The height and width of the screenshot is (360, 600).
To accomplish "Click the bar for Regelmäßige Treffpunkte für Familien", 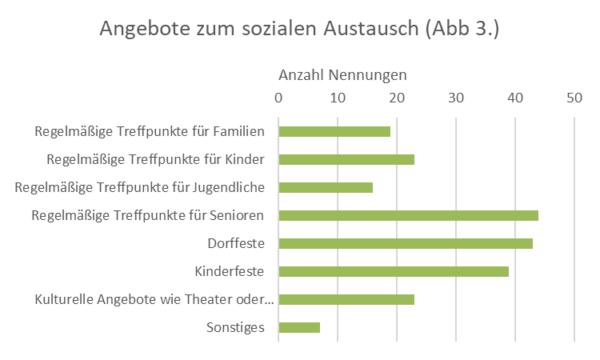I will pos(334,131).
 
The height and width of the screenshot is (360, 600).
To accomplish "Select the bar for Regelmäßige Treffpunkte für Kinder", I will pos(346,159).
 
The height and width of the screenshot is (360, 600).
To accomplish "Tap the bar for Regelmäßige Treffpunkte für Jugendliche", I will pos(326,187).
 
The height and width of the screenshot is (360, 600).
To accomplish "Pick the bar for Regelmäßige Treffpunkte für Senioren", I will pos(408,215).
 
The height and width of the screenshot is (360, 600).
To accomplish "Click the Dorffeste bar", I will pos(406,243).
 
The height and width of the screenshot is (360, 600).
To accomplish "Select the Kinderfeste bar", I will pos(394,271).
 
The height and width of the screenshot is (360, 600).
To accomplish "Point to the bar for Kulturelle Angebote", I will pos(346,299).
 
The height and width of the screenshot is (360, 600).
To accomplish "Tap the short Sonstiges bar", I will pos(299,327).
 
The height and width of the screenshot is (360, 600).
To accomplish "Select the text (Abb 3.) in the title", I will pos(463,29).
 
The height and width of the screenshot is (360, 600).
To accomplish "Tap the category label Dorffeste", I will pos(236,243).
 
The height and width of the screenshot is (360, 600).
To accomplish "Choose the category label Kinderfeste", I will pos(230,271).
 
